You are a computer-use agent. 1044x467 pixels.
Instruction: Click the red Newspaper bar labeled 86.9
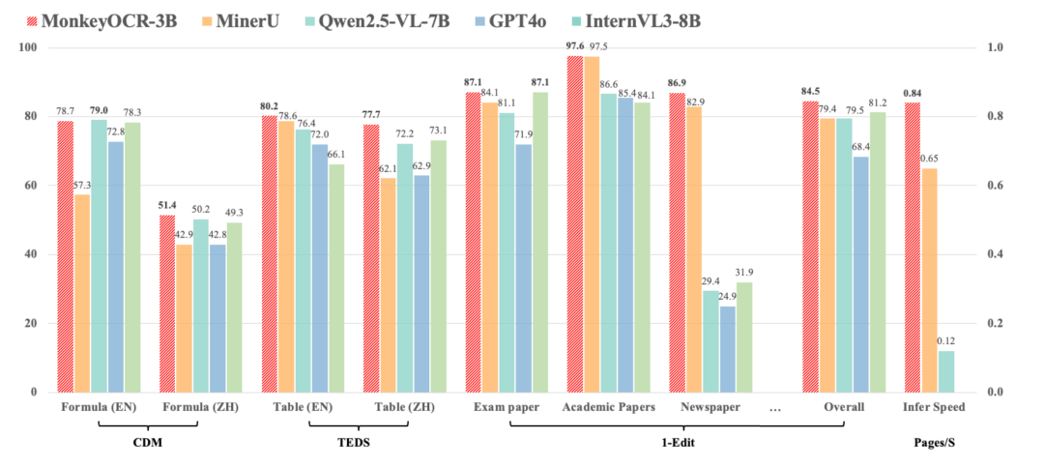pos(677,243)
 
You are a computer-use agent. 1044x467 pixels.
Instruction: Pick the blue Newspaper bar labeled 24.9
pos(728,349)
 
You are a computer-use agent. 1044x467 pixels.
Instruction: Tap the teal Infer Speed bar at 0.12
pos(945,371)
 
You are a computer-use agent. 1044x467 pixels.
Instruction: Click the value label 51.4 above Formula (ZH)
pos(167,206)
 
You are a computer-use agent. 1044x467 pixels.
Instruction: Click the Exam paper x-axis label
pos(507,407)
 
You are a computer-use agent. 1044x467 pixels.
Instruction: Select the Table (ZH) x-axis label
pos(405,407)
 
